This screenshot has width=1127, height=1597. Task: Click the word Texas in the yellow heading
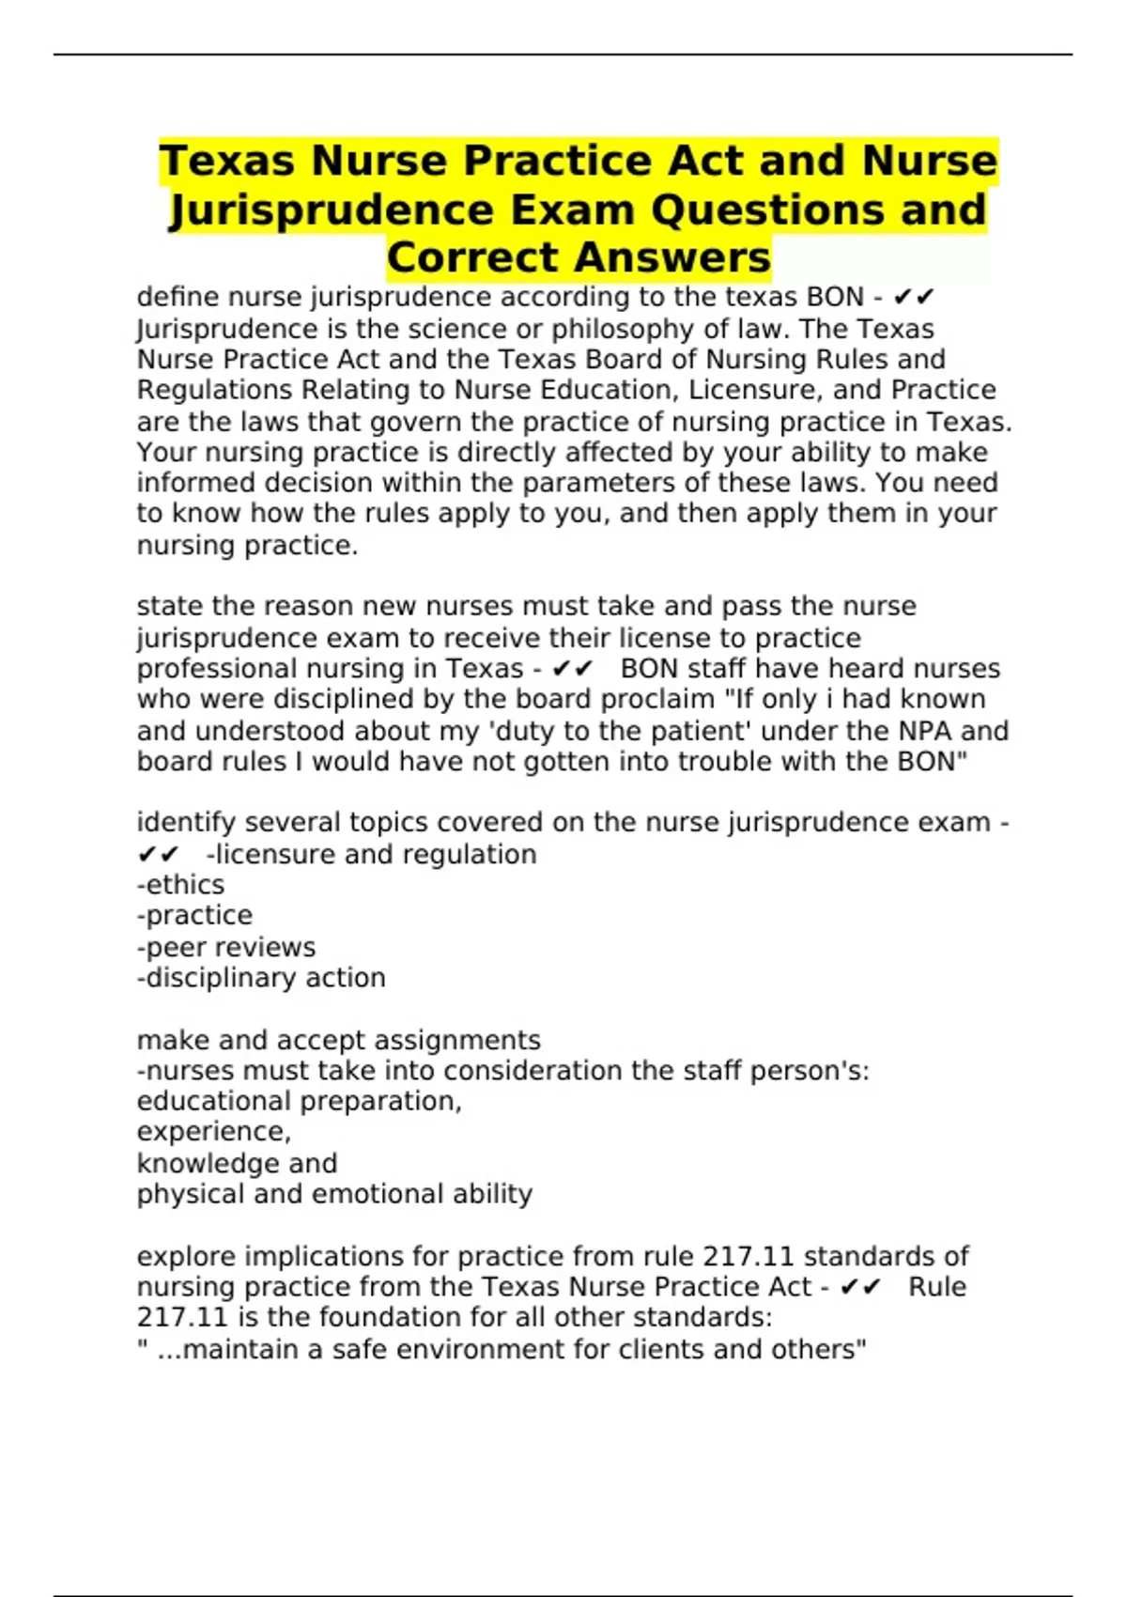[229, 161]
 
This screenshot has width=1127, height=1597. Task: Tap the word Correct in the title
[472, 257]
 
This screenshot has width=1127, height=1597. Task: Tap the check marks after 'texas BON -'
[913, 298]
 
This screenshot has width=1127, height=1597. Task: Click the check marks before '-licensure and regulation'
[158, 855]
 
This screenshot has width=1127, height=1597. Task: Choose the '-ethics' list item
[181, 885]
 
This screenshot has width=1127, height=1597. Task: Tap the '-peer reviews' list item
[226, 947]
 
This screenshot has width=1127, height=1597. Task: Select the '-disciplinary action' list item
[261, 978]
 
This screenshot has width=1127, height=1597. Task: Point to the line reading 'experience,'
[214, 1131]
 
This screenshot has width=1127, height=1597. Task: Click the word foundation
[406, 1317]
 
